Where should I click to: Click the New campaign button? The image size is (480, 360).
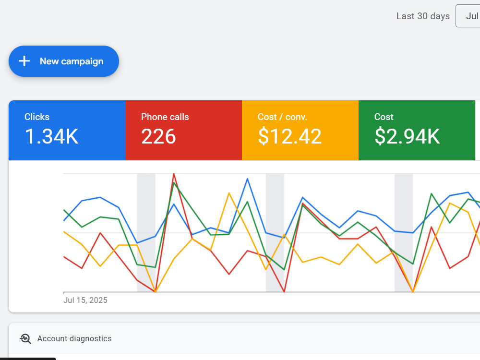click(64, 61)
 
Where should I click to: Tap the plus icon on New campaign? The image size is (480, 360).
click(24, 61)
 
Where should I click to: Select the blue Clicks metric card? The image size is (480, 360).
click(67, 130)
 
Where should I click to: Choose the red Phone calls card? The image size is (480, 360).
click(184, 130)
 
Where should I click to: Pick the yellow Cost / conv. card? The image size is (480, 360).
click(300, 130)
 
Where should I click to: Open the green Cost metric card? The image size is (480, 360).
click(417, 130)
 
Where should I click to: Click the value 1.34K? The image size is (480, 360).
click(51, 136)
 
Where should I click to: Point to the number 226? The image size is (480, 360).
click(158, 136)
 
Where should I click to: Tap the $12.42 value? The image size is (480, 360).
click(289, 136)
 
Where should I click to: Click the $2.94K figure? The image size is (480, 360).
click(407, 136)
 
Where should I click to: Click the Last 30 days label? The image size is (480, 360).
click(423, 16)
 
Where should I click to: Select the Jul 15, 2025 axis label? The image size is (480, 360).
click(85, 300)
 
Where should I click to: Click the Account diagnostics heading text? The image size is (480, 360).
click(74, 338)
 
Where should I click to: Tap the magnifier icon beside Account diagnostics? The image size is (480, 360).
click(25, 338)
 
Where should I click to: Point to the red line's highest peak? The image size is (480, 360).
click(174, 174)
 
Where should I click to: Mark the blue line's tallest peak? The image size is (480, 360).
click(247, 179)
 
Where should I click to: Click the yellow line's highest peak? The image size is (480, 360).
click(229, 193)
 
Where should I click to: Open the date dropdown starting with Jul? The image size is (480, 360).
click(468, 16)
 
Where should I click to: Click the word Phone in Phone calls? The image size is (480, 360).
click(152, 117)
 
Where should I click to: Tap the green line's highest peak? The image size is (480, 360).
click(174, 183)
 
